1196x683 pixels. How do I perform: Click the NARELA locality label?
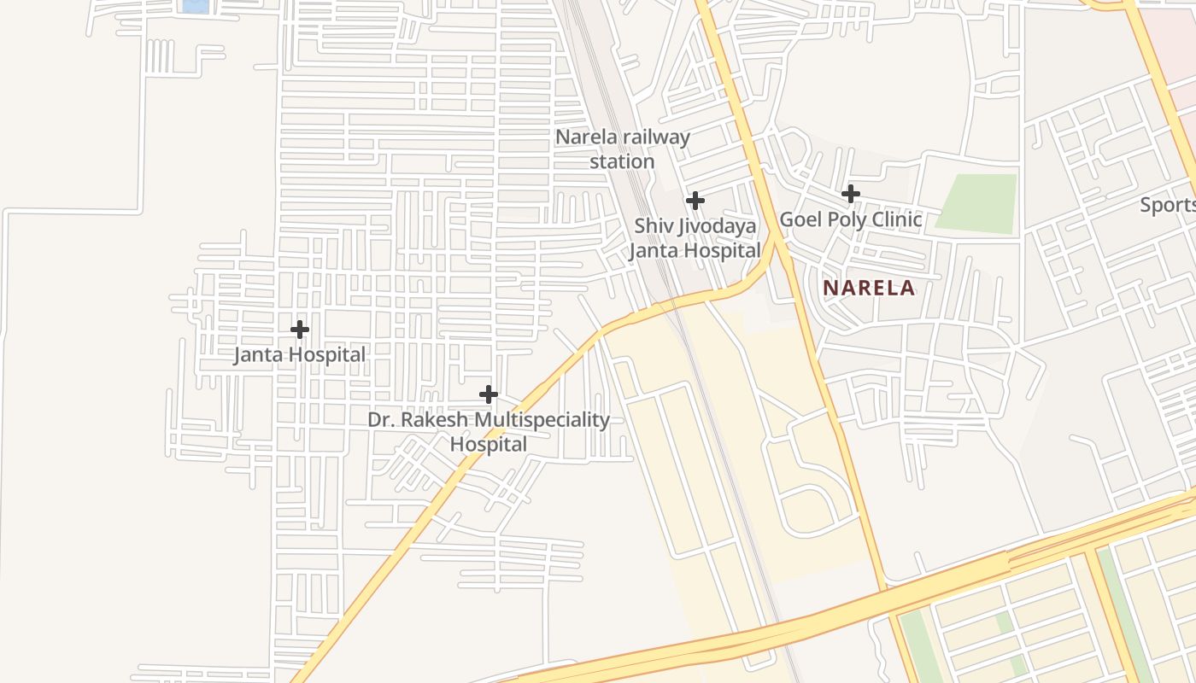(869, 288)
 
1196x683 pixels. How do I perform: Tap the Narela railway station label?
(622, 149)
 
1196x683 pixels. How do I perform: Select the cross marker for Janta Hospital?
(300, 330)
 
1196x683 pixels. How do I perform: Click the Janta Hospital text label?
(300, 354)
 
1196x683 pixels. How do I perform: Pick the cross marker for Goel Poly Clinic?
(851, 194)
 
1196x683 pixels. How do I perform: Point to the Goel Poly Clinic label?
(851, 219)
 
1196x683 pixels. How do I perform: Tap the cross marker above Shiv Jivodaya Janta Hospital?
(695, 201)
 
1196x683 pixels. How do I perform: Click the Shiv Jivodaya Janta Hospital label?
(695, 238)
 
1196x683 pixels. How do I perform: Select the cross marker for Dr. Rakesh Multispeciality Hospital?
(489, 394)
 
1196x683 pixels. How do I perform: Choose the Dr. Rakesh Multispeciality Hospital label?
(489, 431)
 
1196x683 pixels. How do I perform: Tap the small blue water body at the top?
(196, 6)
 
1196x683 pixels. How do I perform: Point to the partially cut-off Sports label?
(1168, 205)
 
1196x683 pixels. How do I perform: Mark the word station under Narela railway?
(622, 161)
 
